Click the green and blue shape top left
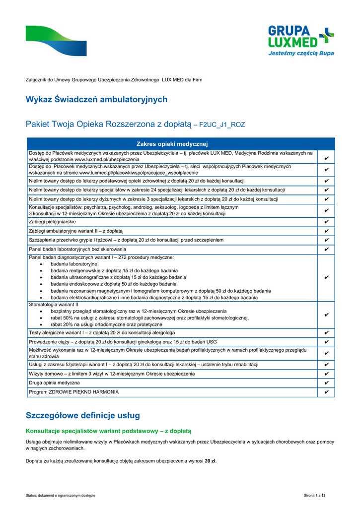click(x=56, y=41)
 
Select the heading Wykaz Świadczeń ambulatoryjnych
click(x=96, y=100)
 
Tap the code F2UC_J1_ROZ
click(x=222, y=125)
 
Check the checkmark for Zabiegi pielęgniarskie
click(x=326, y=222)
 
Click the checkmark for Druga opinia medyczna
click(x=326, y=383)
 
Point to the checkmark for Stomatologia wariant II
click(x=326, y=315)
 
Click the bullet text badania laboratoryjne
click(x=74, y=264)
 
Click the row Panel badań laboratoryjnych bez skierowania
click(x=77, y=249)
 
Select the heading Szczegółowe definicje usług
click(x=82, y=415)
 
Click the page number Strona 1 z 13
click(x=318, y=496)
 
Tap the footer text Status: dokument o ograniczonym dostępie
click(x=61, y=496)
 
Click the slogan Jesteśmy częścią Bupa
click(x=301, y=53)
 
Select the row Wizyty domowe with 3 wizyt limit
click(x=112, y=374)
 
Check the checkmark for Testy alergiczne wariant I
click(x=326, y=332)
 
